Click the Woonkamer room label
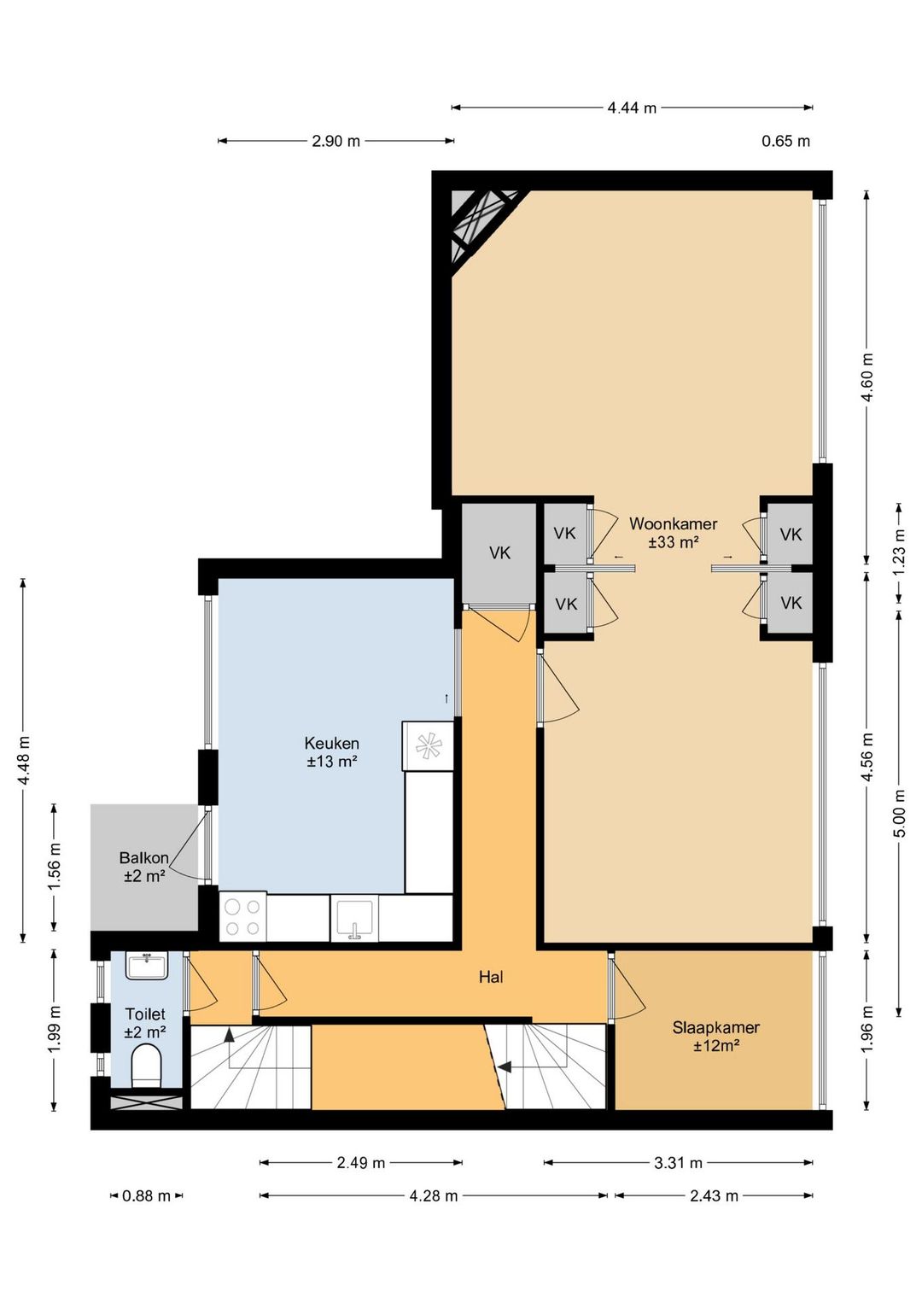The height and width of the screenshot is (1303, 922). (673, 533)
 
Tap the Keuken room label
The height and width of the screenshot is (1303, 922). (331, 752)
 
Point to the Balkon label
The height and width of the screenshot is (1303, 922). (143, 866)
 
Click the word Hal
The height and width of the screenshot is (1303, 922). (491, 977)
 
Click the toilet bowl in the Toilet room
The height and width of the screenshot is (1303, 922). (146, 1066)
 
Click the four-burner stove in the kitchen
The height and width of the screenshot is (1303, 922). (243, 916)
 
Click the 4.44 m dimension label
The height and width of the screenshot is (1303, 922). (632, 108)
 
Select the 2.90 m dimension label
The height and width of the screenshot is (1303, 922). (336, 141)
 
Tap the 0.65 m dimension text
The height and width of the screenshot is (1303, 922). (786, 141)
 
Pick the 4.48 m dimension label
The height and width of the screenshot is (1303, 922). (25, 760)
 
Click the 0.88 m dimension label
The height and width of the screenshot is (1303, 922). (146, 1196)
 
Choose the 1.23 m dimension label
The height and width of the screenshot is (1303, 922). (900, 552)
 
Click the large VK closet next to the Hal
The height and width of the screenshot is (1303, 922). (499, 552)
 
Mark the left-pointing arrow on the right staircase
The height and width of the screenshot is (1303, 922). (505, 1066)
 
